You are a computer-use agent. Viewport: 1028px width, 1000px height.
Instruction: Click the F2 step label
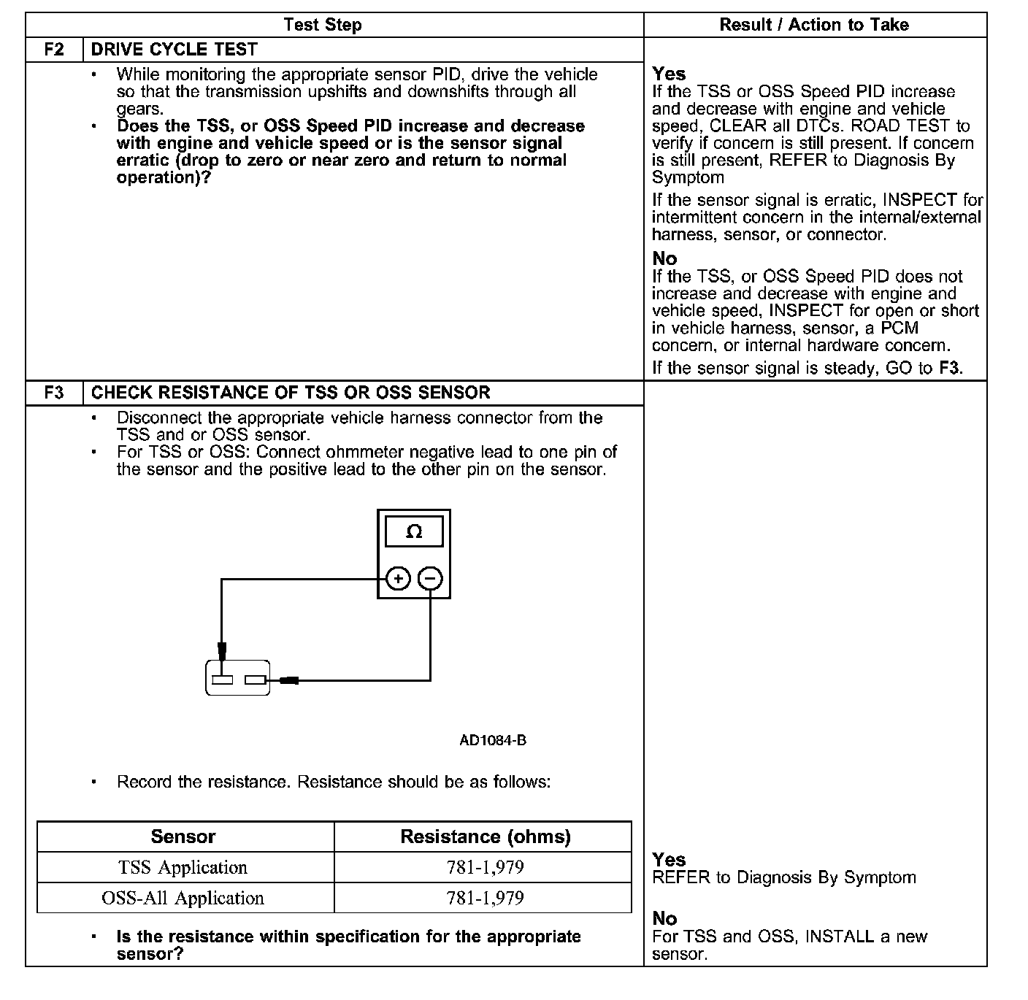54,50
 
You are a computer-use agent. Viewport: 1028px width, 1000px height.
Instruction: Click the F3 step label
54,393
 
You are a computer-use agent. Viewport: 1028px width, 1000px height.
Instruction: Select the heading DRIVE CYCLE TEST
174,50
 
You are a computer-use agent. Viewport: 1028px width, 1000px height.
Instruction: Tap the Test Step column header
323,25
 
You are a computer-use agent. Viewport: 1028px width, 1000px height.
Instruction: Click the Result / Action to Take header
814,25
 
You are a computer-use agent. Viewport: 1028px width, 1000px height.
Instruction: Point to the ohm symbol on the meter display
414,532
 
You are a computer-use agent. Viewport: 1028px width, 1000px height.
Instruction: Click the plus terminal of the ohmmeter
398,580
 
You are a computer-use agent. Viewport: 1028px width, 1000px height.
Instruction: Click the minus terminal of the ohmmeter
431,580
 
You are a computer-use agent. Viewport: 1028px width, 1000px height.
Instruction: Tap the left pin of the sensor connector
223,680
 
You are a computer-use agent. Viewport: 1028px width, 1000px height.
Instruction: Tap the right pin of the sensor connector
255,680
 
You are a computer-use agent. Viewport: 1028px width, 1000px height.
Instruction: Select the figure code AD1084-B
493,740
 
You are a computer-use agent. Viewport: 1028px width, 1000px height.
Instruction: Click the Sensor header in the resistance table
183,836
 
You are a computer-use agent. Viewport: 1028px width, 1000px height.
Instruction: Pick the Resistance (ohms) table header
486,836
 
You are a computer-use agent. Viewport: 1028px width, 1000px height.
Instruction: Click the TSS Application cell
183,867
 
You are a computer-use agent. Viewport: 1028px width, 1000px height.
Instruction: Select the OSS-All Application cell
183,898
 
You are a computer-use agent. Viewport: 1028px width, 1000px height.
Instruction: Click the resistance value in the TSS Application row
486,867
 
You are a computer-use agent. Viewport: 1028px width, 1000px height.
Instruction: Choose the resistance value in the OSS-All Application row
486,898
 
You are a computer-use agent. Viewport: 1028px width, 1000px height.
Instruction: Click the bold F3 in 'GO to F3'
950,368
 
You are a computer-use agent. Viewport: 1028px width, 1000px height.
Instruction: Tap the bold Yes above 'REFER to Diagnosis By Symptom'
669,860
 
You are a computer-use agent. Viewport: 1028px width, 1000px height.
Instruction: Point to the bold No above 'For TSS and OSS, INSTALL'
664,918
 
